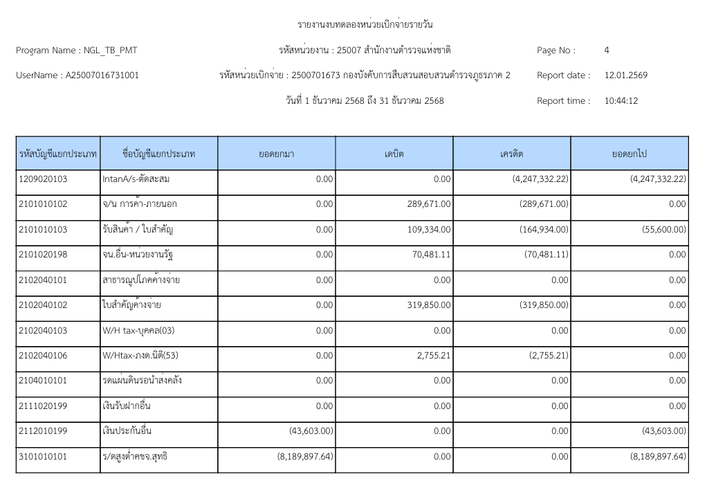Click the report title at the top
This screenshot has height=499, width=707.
pyautogui.click(x=365, y=26)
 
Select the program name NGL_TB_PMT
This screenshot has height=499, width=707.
pyautogui.click(x=104, y=50)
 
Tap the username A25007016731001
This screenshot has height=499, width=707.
pyautogui.click(x=102, y=75)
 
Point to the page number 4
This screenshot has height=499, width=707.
pyautogui.click(x=607, y=50)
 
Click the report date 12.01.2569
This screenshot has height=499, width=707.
pyautogui.click(x=625, y=75)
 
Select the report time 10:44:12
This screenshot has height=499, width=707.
pyautogui.click(x=621, y=101)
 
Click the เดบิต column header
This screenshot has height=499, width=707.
pyautogui.click(x=394, y=154)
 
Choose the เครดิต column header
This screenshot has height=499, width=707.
pyautogui.click(x=512, y=154)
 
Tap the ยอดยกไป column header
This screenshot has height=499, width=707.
pyautogui.click(x=630, y=154)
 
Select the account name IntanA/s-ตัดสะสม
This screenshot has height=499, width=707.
pyautogui.click(x=136, y=179)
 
